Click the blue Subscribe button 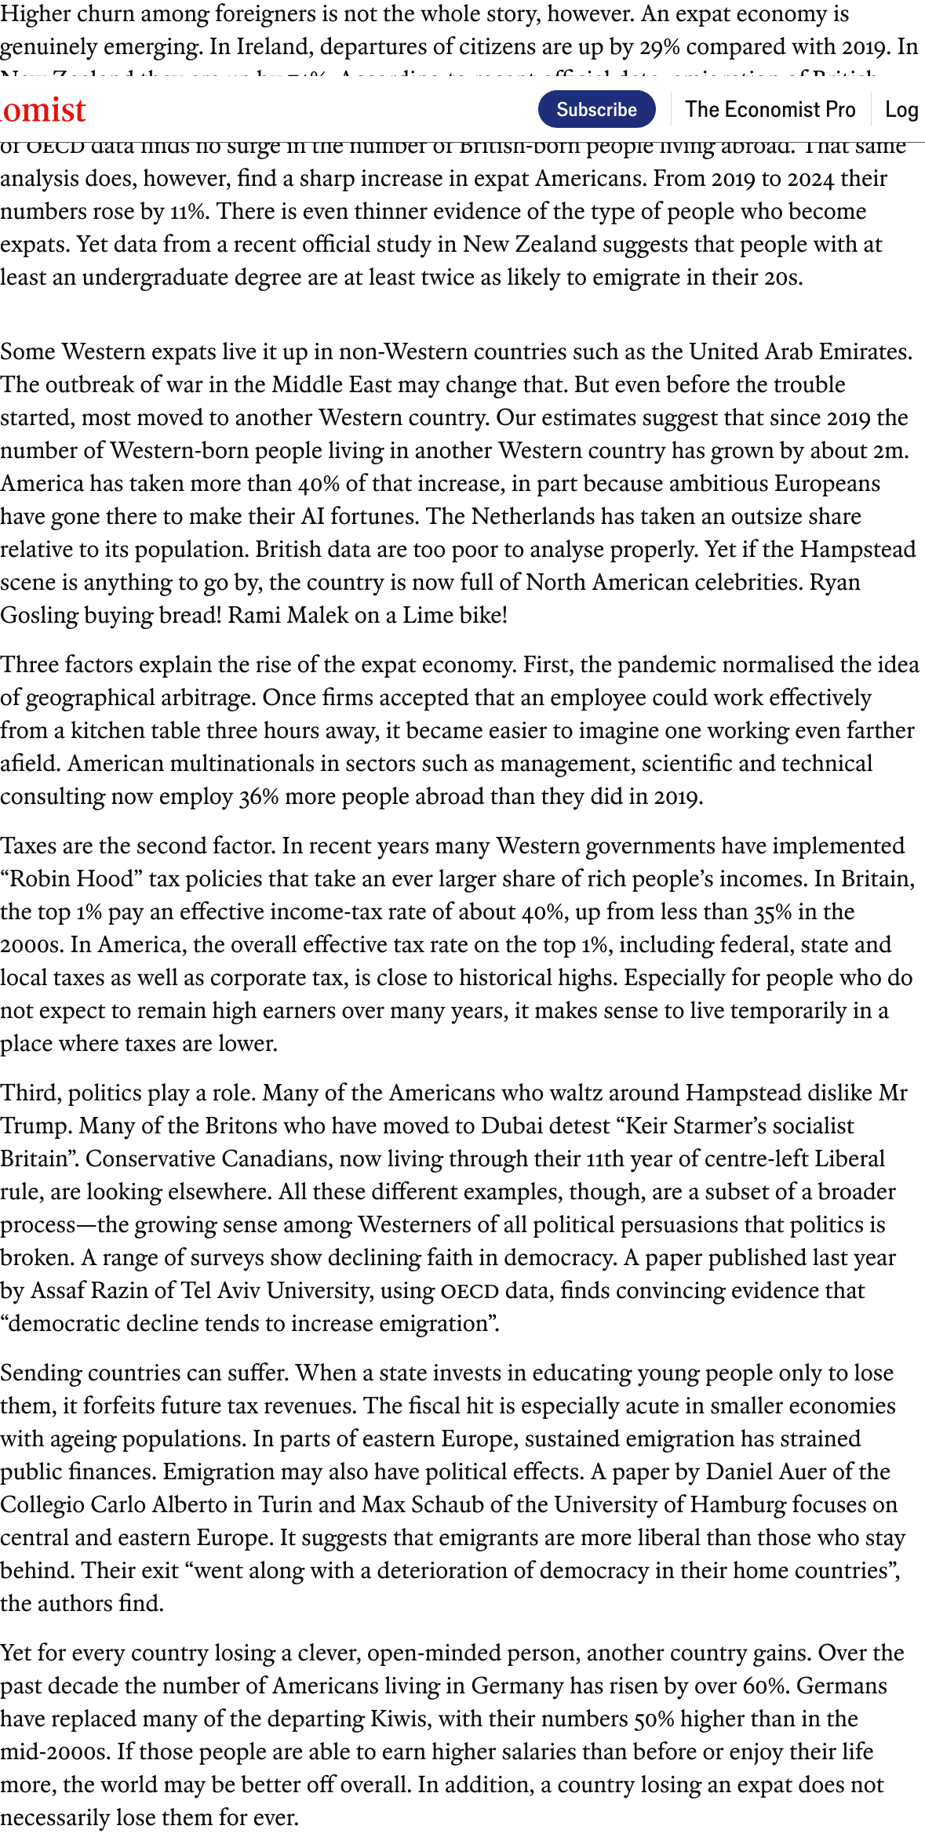[596, 109]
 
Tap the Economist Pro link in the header [770, 109]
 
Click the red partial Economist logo [43, 111]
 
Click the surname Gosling [38, 615]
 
